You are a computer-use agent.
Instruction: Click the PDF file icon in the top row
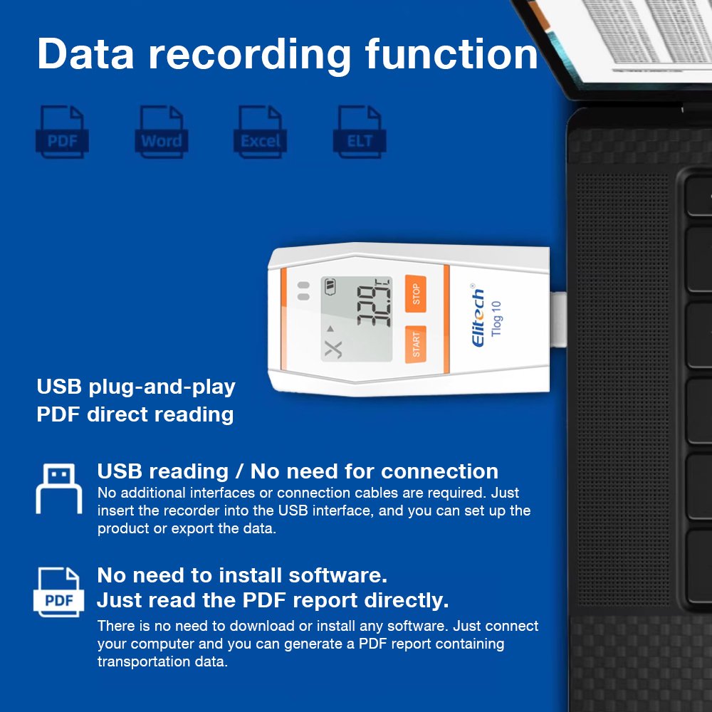[63, 131]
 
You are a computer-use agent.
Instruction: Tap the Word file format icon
[161, 131]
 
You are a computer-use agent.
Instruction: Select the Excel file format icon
[261, 131]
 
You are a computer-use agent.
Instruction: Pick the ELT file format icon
[360, 131]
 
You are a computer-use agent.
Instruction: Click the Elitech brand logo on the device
[478, 319]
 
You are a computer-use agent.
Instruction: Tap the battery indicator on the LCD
[330, 287]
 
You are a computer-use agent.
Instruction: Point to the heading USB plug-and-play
[136, 387]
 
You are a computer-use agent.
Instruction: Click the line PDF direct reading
[135, 414]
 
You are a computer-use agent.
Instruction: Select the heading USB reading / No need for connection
[298, 471]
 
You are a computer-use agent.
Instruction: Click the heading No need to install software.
[242, 575]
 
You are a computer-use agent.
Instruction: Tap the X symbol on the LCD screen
[333, 349]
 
